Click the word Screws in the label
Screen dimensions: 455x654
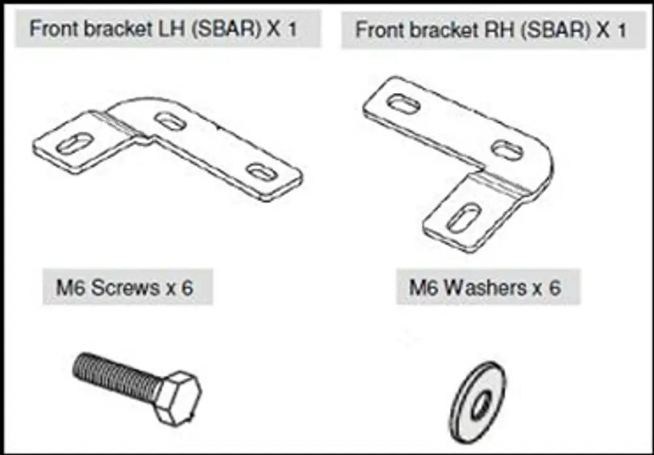pos(124,288)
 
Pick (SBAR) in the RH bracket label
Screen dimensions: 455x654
pos(552,30)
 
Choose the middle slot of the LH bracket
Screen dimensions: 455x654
pos(169,121)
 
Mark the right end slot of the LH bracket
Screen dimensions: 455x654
pos(264,172)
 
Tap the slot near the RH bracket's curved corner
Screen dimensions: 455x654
pos(507,150)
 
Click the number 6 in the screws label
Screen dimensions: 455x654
pos(187,288)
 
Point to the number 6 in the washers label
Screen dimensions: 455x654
pos(554,288)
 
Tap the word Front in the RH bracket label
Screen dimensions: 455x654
pos(377,30)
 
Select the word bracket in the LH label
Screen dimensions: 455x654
pos(113,29)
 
